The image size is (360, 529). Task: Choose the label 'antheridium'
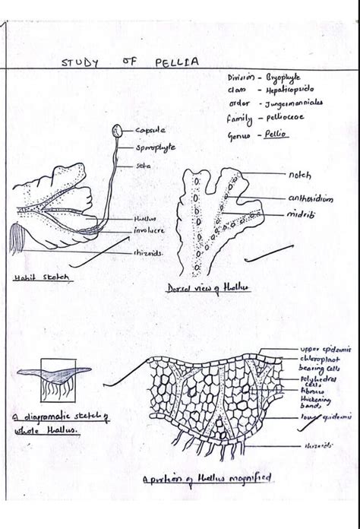[311, 198]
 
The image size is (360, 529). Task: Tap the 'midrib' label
[301, 215]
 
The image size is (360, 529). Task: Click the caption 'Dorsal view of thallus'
[201, 289]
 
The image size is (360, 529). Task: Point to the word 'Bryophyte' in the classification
[284, 78]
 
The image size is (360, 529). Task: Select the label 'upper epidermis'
[325, 349]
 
